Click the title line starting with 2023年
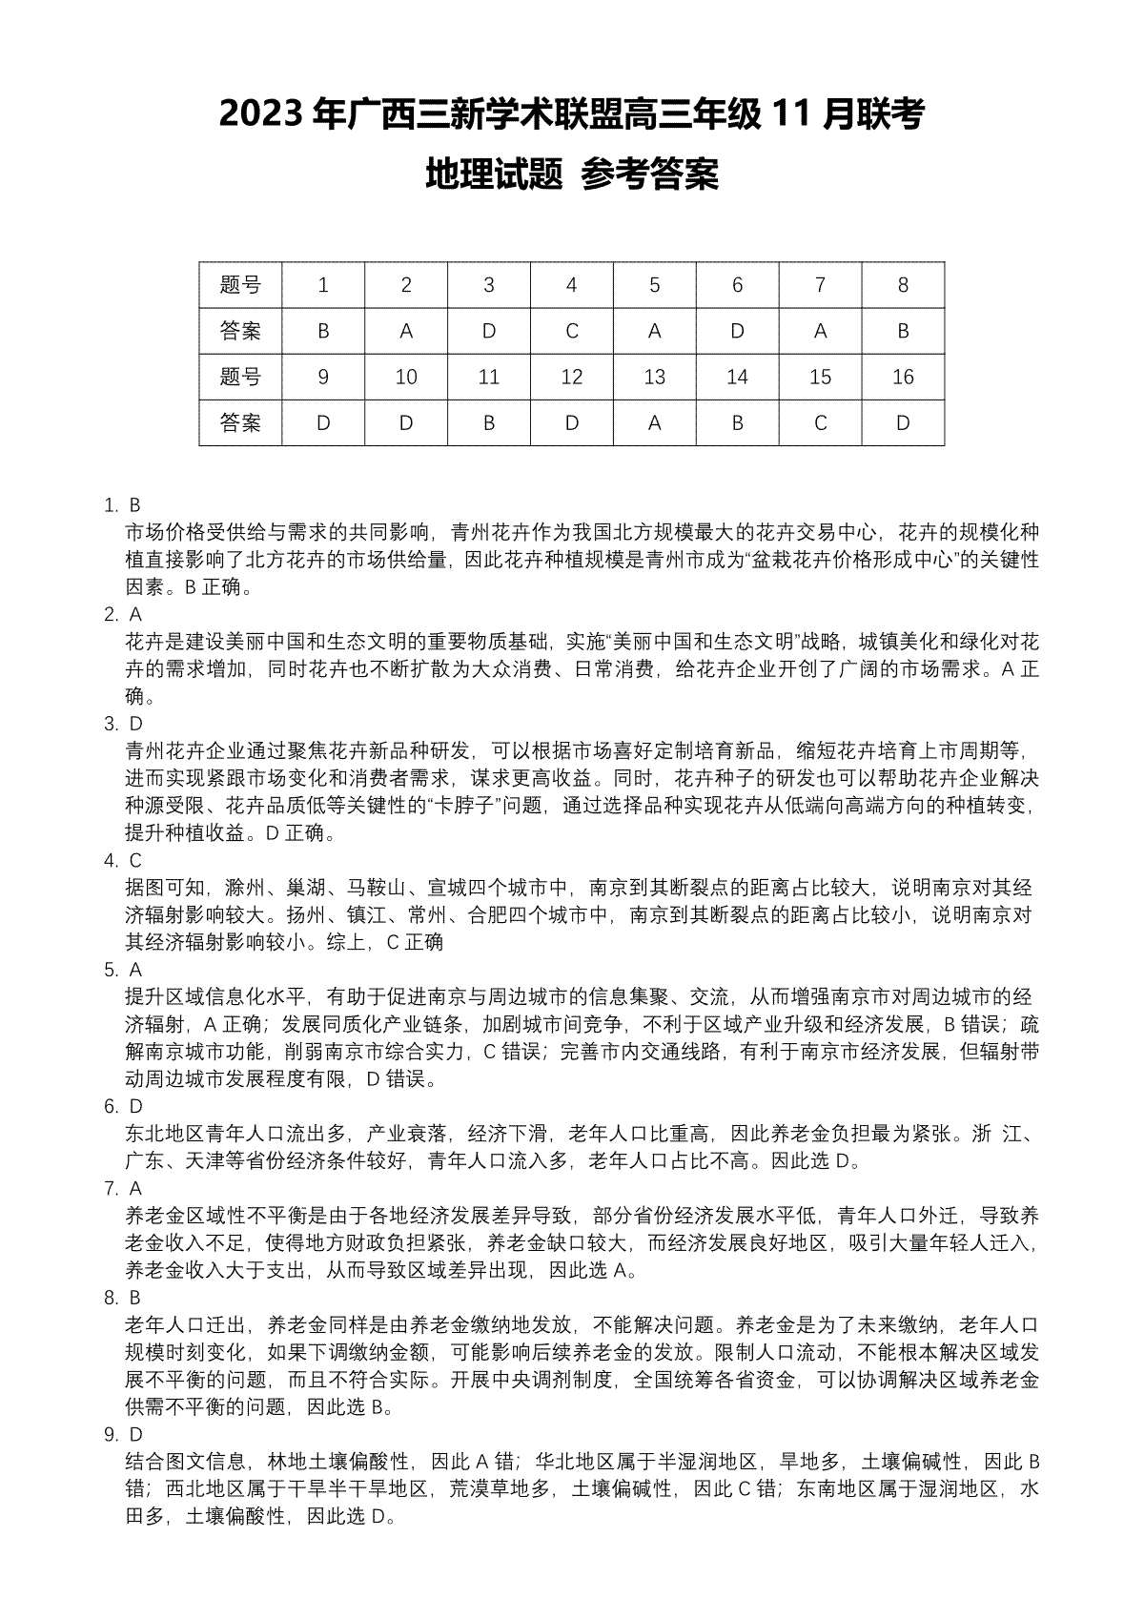click(x=571, y=115)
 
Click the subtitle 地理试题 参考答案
click(x=571, y=174)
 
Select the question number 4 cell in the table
click(x=572, y=284)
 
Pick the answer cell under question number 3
click(x=489, y=331)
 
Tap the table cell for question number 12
click(x=572, y=377)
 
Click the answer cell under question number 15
click(x=820, y=422)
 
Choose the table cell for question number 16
click(x=903, y=377)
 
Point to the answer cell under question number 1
click(x=323, y=331)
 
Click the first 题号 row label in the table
click(x=240, y=284)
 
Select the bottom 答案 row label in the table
click(x=240, y=422)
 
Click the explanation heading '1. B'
click(x=123, y=504)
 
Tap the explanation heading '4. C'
click(x=123, y=860)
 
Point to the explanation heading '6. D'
click(x=123, y=1106)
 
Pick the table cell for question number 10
click(x=406, y=377)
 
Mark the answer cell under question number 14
click(x=737, y=422)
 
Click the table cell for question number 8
click(x=903, y=284)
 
